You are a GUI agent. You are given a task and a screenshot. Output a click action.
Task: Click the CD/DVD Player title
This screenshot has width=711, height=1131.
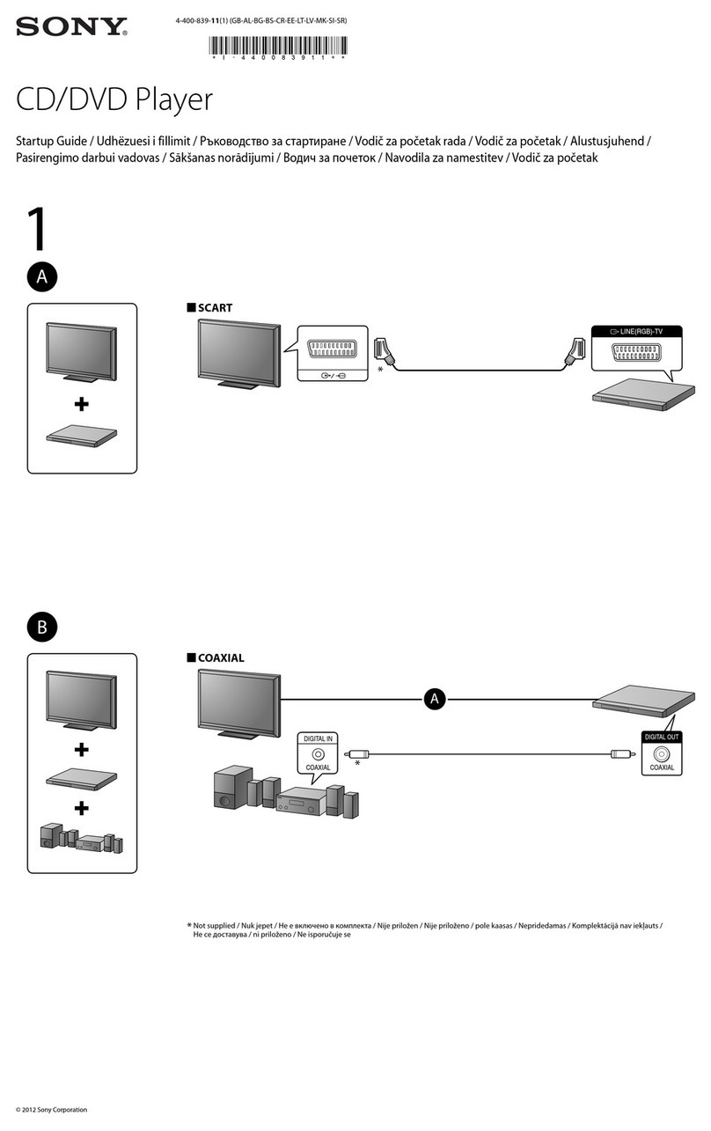(x=114, y=99)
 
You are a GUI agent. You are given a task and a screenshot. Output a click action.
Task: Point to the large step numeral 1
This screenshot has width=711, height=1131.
(x=35, y=231)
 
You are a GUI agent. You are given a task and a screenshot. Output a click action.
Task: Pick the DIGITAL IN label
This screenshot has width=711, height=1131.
(x=318, y=739)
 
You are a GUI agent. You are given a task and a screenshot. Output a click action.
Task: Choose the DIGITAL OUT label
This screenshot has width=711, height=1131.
(x=662, y=737)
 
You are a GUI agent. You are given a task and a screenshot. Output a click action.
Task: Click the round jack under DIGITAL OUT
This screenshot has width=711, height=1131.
(x=662, y=753)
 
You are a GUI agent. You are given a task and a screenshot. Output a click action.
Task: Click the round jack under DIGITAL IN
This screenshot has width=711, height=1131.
(x=318, y=754)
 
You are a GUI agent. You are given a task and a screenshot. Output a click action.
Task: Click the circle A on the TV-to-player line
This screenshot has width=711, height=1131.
(x=433, y=699)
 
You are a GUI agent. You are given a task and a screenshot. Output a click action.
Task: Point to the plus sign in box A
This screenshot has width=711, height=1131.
(x=82, y=404)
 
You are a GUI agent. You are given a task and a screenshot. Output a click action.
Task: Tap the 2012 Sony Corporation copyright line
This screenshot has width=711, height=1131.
(x=52, y=1109)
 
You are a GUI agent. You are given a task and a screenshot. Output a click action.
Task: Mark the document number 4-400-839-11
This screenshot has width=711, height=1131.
(x=200, y=18)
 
